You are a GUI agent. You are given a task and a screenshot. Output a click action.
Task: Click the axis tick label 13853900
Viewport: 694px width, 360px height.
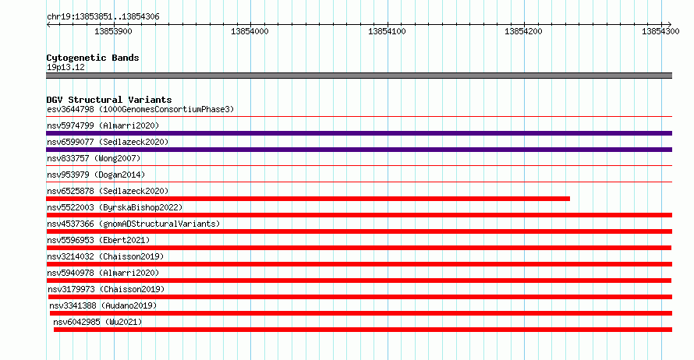coord(113,31)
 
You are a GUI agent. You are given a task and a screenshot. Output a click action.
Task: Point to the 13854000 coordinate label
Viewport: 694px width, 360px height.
coord(250,31)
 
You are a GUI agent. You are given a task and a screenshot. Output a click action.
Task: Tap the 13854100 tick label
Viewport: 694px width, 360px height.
coord(387,31)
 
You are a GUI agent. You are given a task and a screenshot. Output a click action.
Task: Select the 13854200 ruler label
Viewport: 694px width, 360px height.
coord(523,31)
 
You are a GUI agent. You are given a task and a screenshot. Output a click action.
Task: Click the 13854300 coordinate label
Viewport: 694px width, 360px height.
coord(660,31)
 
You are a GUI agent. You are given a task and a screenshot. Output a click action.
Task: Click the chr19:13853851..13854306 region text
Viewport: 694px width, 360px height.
coord(103,17)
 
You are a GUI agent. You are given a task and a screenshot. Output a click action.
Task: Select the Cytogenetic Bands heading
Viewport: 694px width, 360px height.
coord(93,58)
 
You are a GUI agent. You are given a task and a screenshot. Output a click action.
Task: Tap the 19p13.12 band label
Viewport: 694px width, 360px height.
coord(66,67)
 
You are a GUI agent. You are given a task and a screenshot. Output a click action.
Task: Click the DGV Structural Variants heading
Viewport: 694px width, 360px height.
coord(109,100)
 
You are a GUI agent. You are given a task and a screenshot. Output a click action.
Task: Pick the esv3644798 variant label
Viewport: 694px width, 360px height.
coord(70,109)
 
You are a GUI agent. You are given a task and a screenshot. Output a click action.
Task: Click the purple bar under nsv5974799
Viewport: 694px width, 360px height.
coord(359,133)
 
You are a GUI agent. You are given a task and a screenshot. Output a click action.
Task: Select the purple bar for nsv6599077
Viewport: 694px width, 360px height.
coord(359,150)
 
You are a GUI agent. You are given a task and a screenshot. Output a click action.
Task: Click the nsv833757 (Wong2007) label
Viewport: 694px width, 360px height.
coord(94,158)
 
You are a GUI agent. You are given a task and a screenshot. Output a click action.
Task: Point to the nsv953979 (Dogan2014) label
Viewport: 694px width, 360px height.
coord(96,175)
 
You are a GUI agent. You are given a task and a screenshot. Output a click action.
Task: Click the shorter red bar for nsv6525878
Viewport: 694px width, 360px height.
coord(308,199)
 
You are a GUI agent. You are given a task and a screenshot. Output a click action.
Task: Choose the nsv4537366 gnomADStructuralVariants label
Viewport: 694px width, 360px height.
coord(133,224)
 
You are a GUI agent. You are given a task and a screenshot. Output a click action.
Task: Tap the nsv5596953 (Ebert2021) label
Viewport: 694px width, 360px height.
coord(98,240)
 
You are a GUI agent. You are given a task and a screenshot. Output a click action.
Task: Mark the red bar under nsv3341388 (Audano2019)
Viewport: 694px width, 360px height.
coord(361,313)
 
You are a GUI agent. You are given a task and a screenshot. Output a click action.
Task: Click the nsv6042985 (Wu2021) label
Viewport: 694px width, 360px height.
coord(97,322)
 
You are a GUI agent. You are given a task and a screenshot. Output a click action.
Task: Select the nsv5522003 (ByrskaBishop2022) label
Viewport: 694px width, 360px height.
coord(115,207)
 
